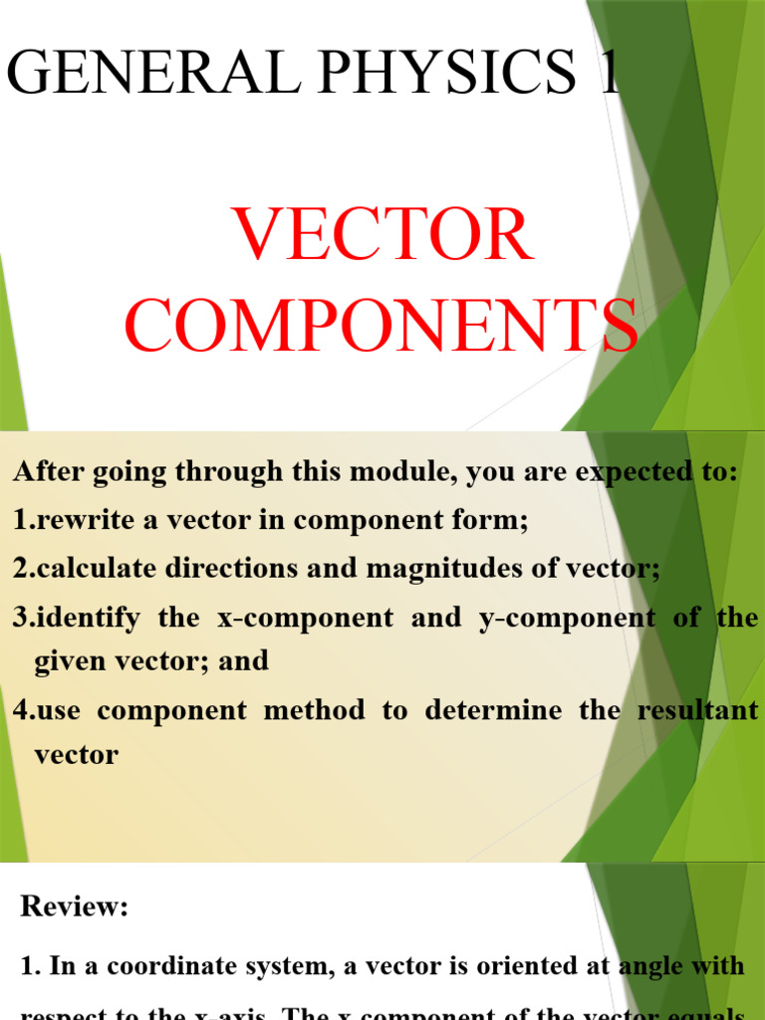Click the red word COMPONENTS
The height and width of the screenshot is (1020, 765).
point(382,326)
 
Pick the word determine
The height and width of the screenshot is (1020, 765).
point(498,711)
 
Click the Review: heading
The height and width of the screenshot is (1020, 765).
point(75,906)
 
